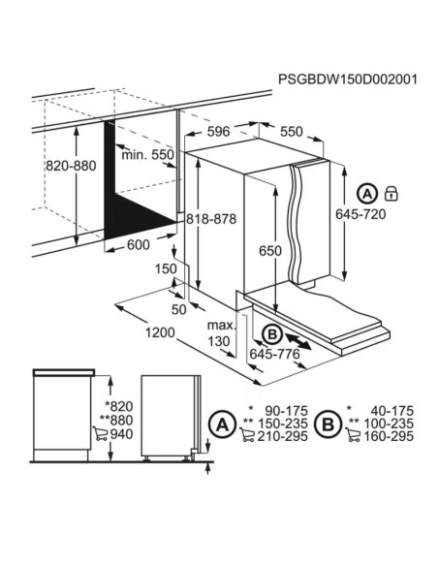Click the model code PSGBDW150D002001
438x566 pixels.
(x=348, y=79)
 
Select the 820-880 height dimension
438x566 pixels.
(x=71, y=166)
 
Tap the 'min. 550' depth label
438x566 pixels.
(x=147, y=155)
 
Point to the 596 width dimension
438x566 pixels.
(x=219, y=132)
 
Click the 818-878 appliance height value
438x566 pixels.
(x=211, y=219)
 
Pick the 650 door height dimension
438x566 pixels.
(x=270, y=250)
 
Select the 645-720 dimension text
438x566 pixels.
(x=360, y=214)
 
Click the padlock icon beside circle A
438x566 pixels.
(x=391, y=194)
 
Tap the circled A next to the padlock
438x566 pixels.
(x=367, y=194)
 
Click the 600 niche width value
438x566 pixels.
(x=139, y=245)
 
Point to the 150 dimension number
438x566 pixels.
(x=167, y=268)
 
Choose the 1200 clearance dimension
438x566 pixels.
(x=160, y=332)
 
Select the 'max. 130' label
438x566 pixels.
(x=221, y=332)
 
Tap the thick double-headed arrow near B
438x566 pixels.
(x=298, y=341)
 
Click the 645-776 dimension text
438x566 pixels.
(x=275, y=354)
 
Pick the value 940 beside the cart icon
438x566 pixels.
(x=121, y=434)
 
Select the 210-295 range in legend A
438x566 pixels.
(x=282, y=436)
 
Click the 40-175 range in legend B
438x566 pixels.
(x=391, y=411)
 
